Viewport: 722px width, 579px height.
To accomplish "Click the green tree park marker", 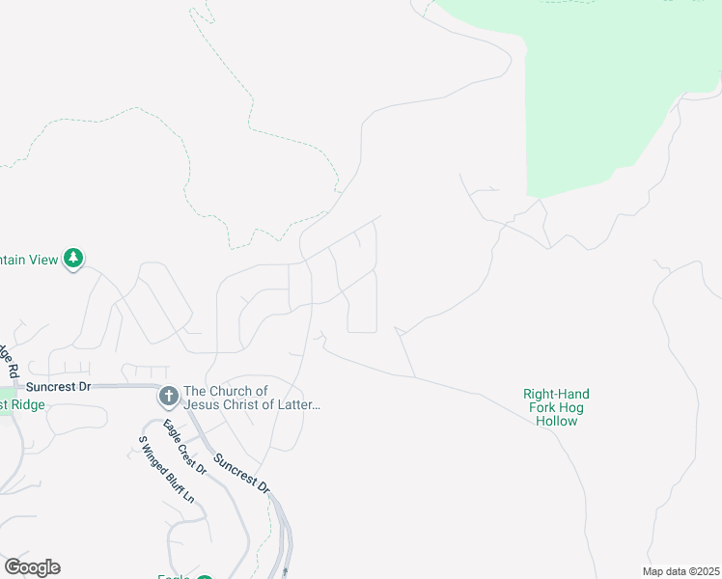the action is click(73, 259).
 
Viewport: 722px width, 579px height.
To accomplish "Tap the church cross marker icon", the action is click(168, 396).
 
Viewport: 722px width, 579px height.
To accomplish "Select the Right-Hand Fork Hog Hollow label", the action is click(556, 407).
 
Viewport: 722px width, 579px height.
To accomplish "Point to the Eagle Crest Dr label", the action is click(184, 448).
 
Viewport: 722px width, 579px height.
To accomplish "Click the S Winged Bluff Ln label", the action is click(166, 470).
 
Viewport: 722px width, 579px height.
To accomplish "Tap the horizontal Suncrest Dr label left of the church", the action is click(58, 386).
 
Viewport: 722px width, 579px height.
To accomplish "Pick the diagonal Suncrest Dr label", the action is click(241, 473).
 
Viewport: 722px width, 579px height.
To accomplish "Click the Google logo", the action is click(32, 567).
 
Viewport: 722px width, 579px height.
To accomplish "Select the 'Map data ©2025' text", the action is click(680, 570).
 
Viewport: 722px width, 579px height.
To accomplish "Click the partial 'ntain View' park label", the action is click(29, 260).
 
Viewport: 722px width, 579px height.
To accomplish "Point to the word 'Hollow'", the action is click(556, 421).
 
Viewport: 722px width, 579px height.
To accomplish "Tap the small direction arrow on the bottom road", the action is click(287, 571).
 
